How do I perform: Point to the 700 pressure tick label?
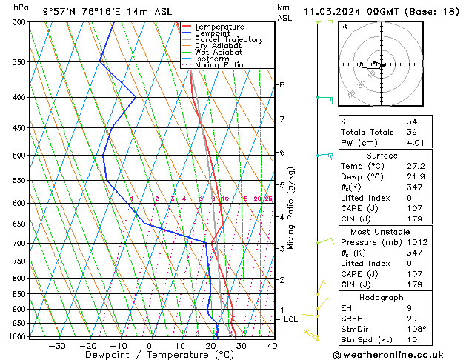click(20, 244)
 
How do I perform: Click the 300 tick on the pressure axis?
click(20, 23)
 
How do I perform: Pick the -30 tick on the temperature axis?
click(57, 346)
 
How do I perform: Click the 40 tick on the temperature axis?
click(272, 346)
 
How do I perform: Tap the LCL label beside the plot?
click(290, 320)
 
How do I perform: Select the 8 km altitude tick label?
click(282, 85)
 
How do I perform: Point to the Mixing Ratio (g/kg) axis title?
click(292, 208)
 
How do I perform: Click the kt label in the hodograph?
click(344, 27)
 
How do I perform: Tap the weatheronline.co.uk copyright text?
click(397, 355)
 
